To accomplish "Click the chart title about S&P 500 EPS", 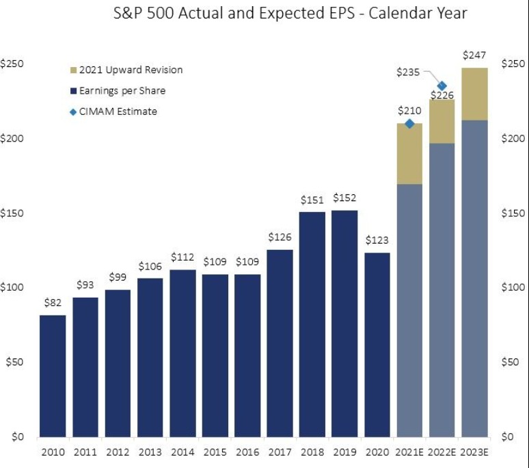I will coord(290,14).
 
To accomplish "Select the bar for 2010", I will coord(53,376).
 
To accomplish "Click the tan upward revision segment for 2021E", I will coord(409,155).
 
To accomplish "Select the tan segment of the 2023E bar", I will coord(474,94).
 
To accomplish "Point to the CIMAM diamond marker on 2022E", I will coord(442,86).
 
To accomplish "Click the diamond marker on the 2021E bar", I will coord(409,124).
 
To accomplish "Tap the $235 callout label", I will coord(408,71).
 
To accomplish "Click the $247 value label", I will coord(474,55).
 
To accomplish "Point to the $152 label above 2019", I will coord(344,198).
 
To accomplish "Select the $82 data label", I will coord(53,304).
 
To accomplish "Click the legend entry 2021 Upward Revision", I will coord(131,70).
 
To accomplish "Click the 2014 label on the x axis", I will coord(182,452).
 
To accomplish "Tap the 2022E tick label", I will coord(442,452).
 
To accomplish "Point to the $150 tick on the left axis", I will coord(14,213).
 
